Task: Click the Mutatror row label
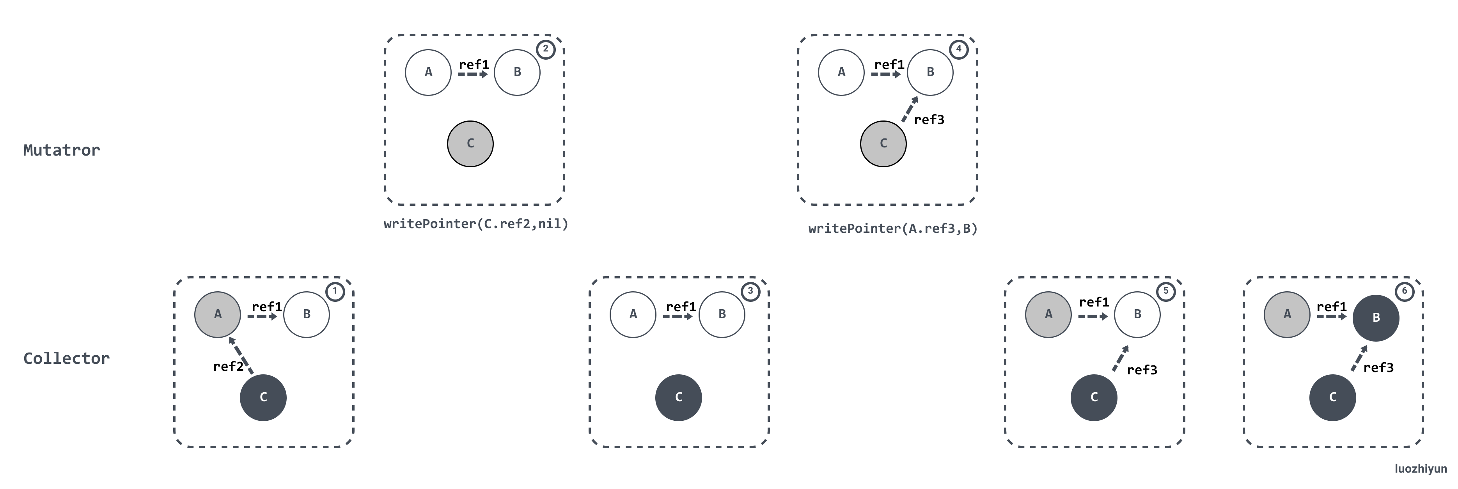point(62,150)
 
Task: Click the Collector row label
point(66,358)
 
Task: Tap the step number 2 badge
point(546,49)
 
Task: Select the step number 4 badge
point(959,49)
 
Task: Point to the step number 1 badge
point(335,291)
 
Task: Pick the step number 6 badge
point(1404,291)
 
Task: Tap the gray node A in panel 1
point(217,315)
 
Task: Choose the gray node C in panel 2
point(470,144)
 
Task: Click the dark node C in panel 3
point(679,397)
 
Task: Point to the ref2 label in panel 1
point(228,367)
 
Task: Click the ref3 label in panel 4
point(929,119)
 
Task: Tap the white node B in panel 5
point(1137,315)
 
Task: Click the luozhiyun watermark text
point(1421,469)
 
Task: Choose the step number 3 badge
point(750,291)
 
